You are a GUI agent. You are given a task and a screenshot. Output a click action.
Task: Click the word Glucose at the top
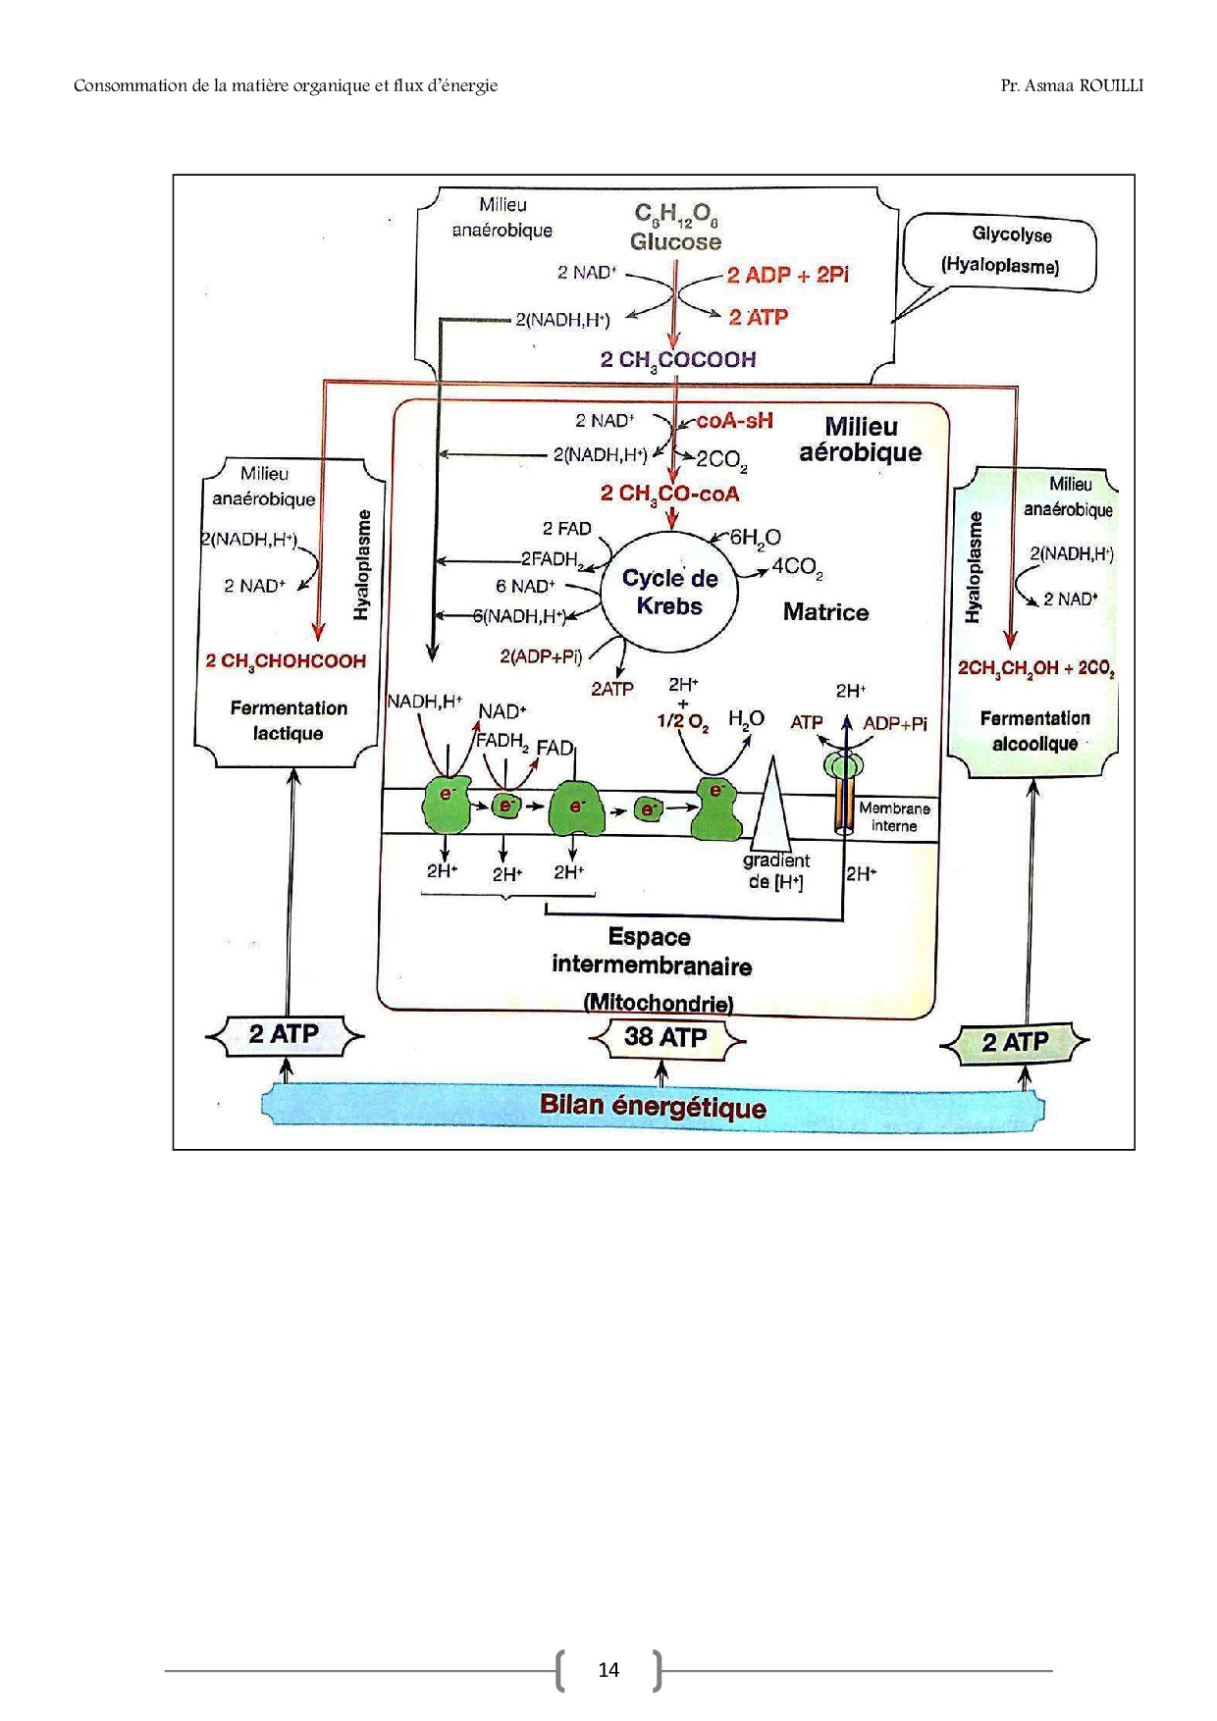point(675,242)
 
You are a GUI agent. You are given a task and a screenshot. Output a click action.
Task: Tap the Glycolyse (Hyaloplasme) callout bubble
point(1000,251)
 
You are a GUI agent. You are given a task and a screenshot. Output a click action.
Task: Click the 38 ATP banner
point(665,1037)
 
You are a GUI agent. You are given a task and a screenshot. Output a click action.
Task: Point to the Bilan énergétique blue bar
point(653,1107)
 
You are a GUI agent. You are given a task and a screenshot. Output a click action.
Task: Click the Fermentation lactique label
point(289,720)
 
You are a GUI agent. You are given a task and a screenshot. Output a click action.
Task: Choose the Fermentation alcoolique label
point(1034,731)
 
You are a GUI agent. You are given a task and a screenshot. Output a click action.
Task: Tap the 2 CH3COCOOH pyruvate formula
point(678,360)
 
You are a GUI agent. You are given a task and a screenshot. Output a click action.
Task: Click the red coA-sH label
point(734,421)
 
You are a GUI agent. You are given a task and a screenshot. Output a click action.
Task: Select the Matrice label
point(825,612)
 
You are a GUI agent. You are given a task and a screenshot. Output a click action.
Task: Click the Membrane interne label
point(894,816)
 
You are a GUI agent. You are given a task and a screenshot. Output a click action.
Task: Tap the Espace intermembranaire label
point(651,952)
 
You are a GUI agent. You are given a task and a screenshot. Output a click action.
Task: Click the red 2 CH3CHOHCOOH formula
point(286,661)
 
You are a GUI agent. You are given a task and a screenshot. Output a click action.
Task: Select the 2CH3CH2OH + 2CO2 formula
point(1035,668)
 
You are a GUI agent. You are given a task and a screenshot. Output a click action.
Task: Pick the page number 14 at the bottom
point(608,1670)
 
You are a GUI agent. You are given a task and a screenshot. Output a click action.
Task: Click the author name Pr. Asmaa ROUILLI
point(1072,85)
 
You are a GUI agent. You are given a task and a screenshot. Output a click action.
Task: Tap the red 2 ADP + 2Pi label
point(787,276)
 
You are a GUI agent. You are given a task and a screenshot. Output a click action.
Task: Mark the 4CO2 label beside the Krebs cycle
point(797,567)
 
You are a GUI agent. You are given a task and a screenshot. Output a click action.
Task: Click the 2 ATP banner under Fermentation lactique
point(284,1034)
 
